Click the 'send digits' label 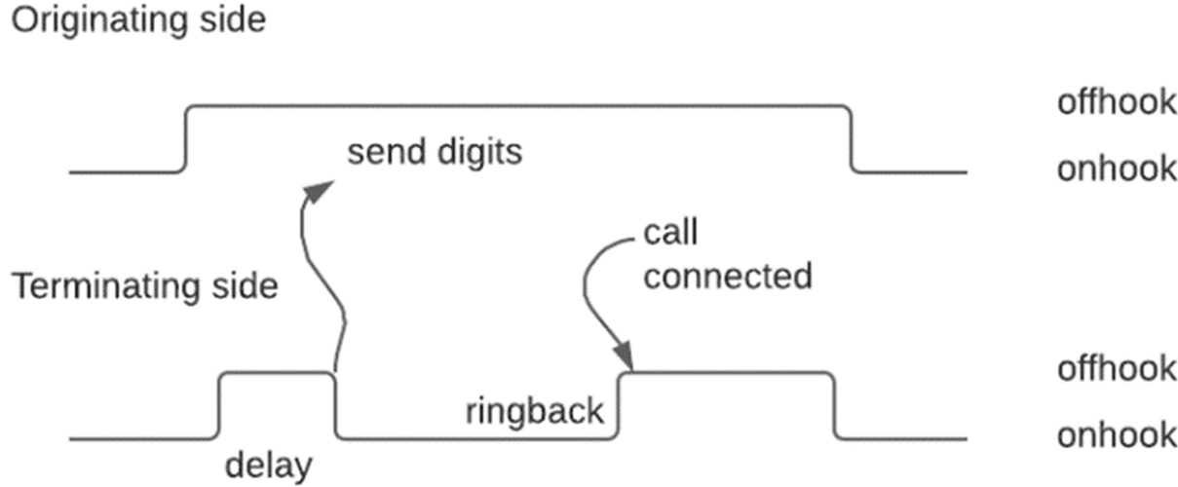point(436,153)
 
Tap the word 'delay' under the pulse point(269,465)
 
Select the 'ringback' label point(535,410)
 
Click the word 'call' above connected point(671,234)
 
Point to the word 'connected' point(727,277)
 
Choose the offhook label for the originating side point(1117,101)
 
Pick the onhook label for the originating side point(1117,169)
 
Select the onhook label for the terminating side point(1117,434)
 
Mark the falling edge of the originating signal point(852,138)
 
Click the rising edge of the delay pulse point(219,404)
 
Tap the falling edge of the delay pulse point(336,404)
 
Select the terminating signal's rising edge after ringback point(620,404)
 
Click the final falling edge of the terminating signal point(835,404)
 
